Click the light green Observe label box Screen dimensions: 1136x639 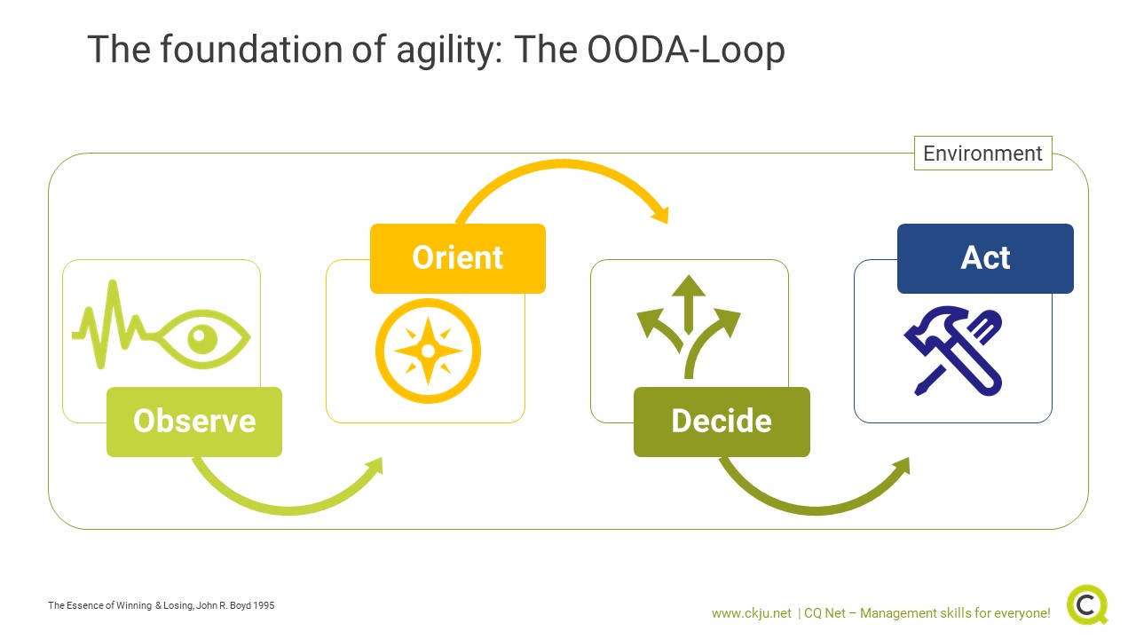(194, 422)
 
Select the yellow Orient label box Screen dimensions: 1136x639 (458, 258)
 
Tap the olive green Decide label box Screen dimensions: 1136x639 (722, 422)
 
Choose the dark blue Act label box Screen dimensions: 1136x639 (985, 258)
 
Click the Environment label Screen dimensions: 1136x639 (982, 154)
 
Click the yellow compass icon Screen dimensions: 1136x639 (428, 351)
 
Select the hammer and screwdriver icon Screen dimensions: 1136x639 (953, 351)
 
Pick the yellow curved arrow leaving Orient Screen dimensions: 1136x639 (564, 163)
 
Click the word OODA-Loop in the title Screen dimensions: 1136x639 (686, 50)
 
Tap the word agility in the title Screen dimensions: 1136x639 (449, 51)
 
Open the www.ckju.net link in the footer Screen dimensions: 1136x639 (751, 613)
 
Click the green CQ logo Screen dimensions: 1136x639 (1087, 605)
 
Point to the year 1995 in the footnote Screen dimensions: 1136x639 (264, 605)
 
